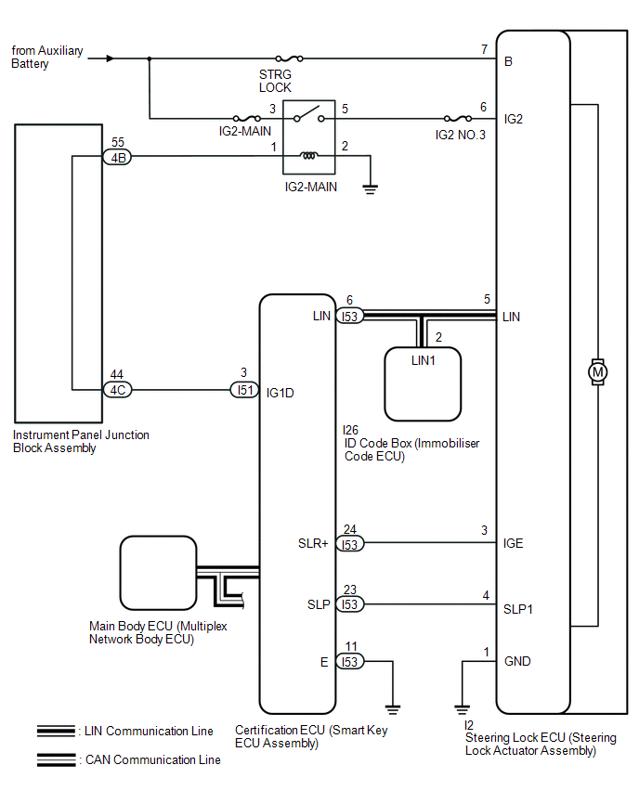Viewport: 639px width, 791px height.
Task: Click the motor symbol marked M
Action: coord(597,372)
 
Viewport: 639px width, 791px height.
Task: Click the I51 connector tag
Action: coord(244,390)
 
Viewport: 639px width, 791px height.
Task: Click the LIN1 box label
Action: coord(423,360)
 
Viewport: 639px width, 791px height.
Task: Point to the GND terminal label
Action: coord(517,662)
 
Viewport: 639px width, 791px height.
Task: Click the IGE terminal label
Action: coord(513,544)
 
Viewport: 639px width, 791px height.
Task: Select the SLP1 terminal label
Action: coord(518,609)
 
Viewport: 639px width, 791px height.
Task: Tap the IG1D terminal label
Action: coord(280,393)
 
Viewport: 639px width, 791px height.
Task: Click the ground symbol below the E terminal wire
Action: coord(393,708)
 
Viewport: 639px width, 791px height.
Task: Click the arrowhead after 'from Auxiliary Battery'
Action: coord(111,58)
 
